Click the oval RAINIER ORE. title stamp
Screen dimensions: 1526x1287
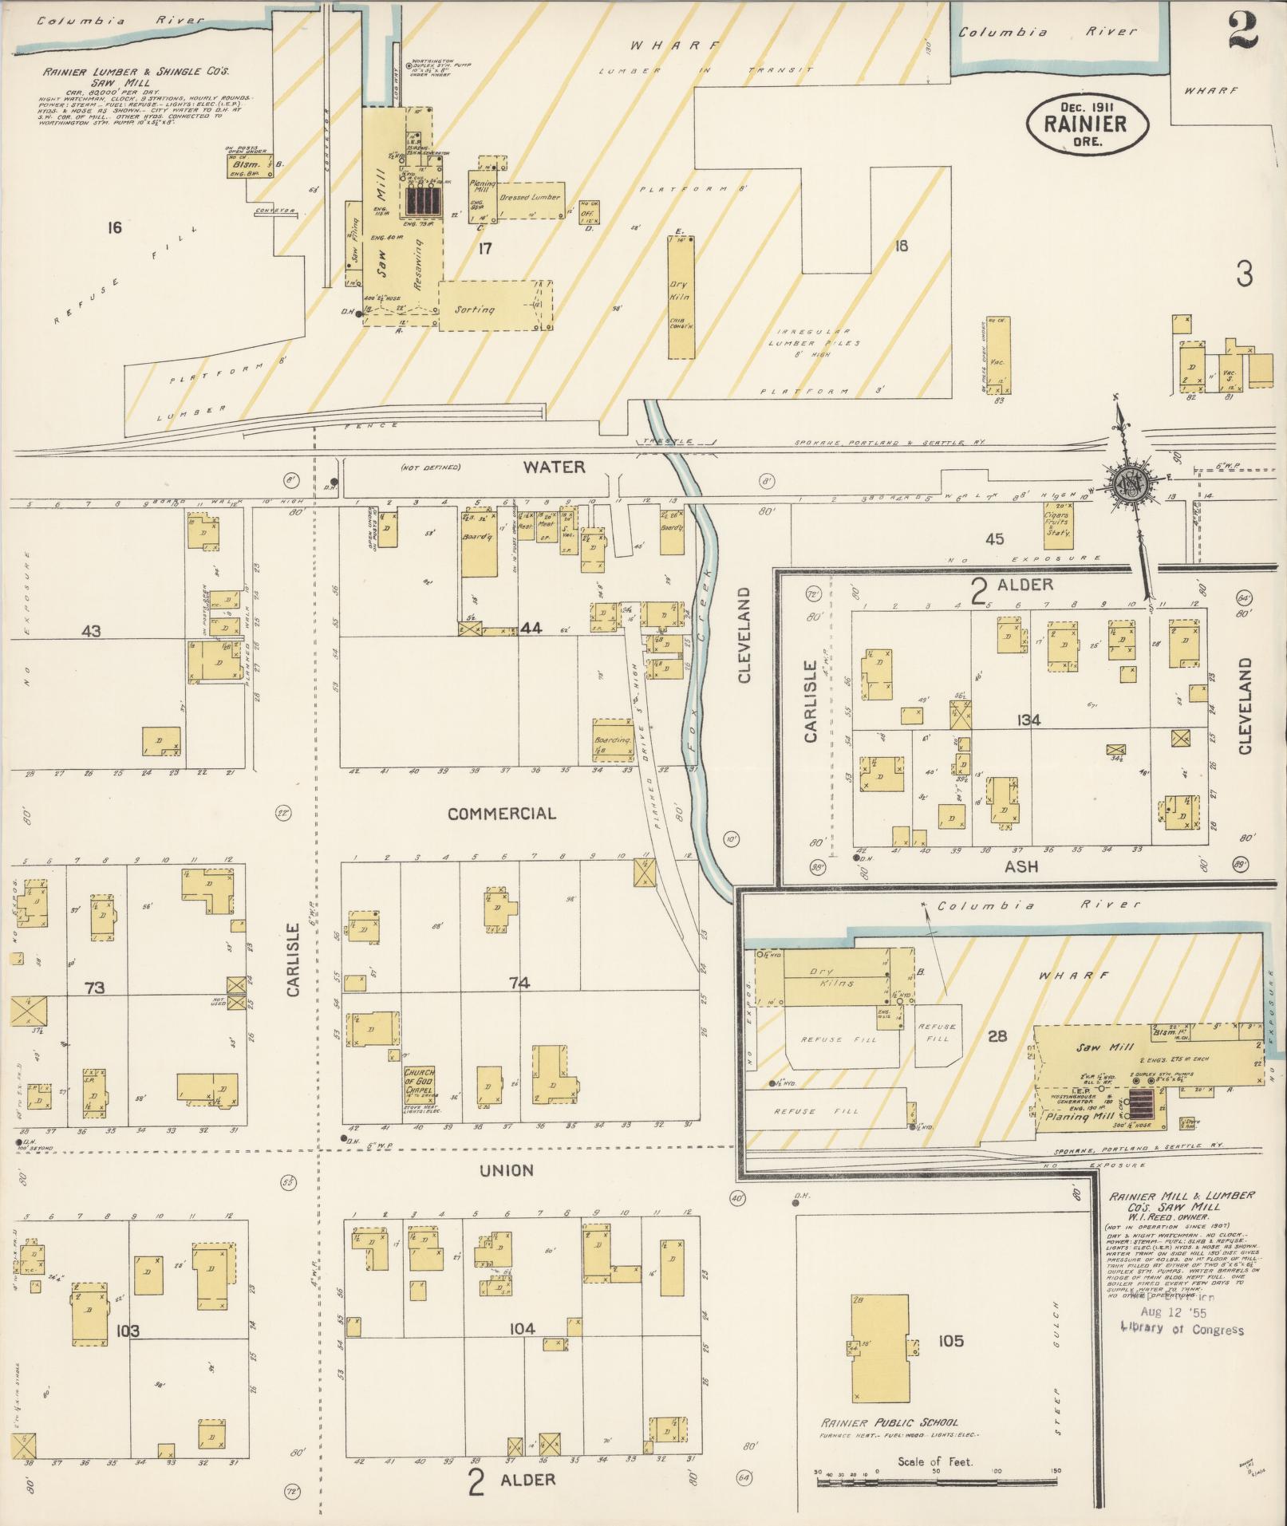point(1088,124)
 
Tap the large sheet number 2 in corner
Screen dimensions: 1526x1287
point(1243,31)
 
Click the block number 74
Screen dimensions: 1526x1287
point(519,984)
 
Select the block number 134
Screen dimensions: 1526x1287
point(1028,720)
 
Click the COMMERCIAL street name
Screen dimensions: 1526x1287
point(501,814)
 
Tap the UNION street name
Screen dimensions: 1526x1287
point(507,1170)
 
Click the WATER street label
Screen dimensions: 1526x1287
point(554,467)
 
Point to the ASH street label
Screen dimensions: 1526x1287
point(1021,866)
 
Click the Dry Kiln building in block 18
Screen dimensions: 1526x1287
point(681,297)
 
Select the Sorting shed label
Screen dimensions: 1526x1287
point(476,310)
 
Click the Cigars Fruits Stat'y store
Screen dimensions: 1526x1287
point(1058,524)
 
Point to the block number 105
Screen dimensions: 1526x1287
point(950,1341)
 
